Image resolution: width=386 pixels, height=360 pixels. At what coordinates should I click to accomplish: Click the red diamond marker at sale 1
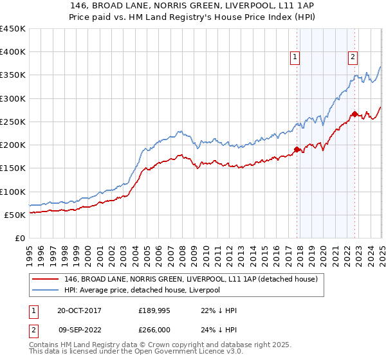(x=297, y=150)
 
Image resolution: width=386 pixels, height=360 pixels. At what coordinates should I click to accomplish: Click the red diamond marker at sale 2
(x=354, y=114)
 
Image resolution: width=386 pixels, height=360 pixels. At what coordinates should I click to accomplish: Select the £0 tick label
(x=20, y=238)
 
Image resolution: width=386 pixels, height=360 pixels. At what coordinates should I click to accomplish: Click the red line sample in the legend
(x=45, y=280)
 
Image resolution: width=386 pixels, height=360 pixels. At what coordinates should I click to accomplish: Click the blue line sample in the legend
(x=45, y=291)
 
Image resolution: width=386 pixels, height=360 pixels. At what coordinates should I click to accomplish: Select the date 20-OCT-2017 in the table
(x=79, y=310)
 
